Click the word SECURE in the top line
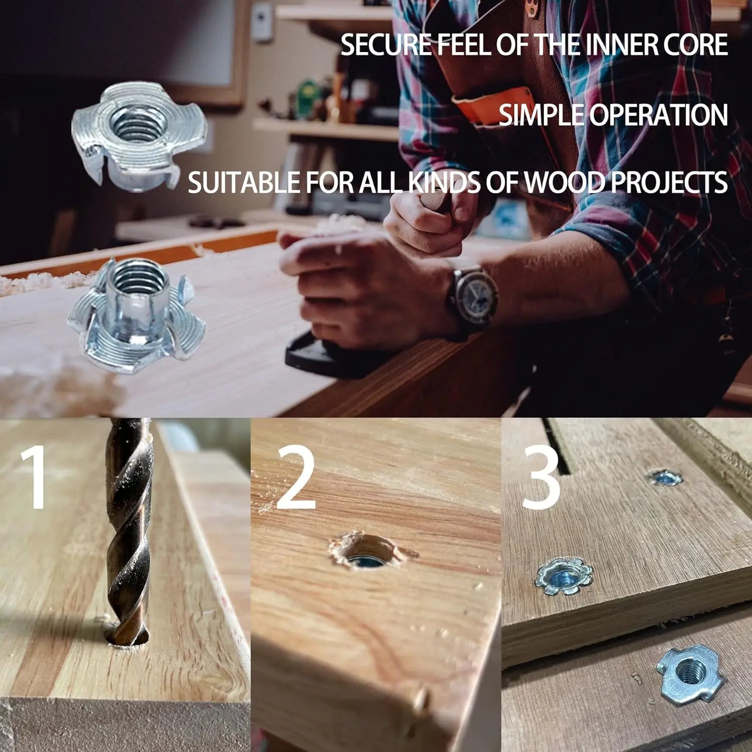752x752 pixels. click(x=386, y=45)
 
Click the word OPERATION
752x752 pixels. click(x=658, y=115)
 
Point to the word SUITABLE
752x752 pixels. click(x=244, y=182)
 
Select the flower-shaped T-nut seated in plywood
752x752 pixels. click(x=563, y=577)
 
